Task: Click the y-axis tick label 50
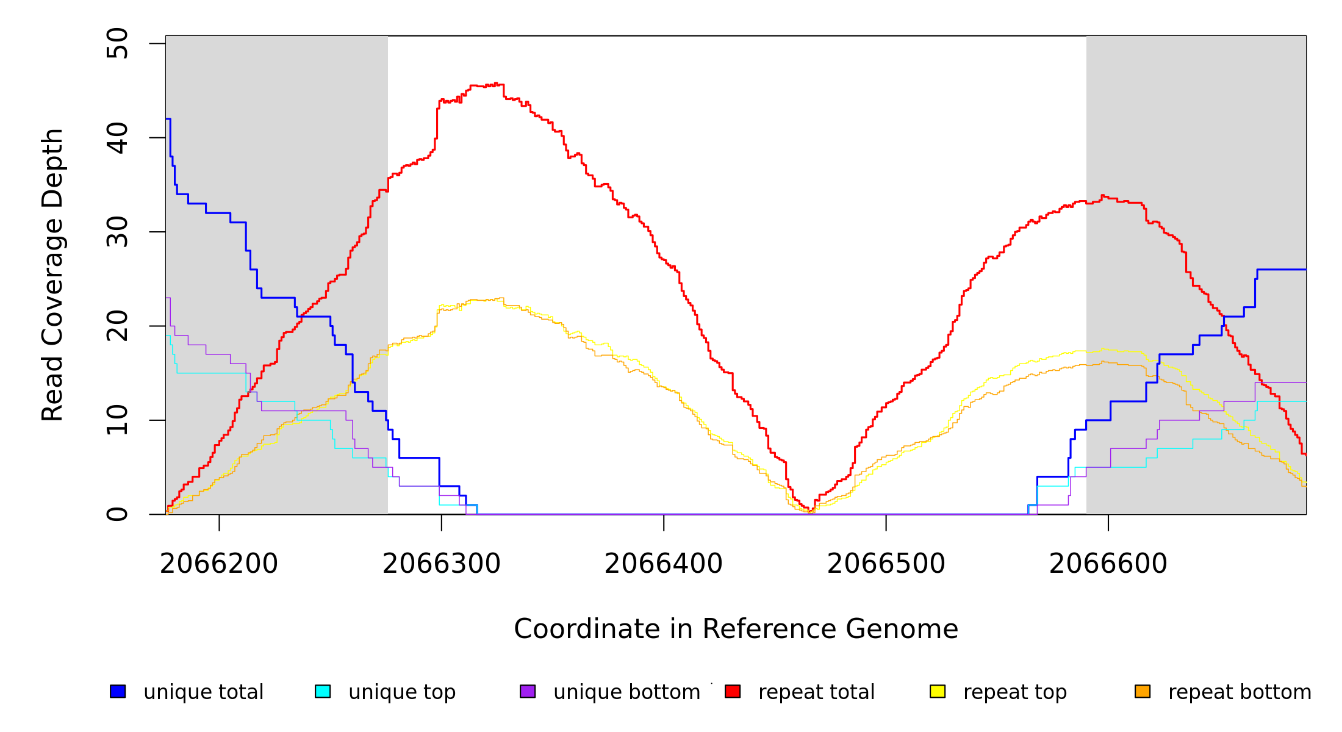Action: click(117, 43)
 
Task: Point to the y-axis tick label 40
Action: click(117, 138)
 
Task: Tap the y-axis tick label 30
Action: click(117, 232)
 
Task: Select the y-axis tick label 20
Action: click(117, 326)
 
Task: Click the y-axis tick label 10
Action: click(117, 420)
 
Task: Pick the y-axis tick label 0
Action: click(117, 514)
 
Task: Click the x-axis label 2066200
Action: click(219, 564)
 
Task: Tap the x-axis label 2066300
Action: click(442, 564)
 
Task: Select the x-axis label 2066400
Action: click(664, 564)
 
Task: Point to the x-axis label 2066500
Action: click(886, 564)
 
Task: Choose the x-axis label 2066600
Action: click(1108, 564)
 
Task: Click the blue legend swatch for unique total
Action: click(118, 691)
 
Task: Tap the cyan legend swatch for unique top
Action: click(323, 691)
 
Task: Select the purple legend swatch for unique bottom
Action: click(528, 691)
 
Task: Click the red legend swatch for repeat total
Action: click(733, 691)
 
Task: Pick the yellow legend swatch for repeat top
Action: click(938, 691)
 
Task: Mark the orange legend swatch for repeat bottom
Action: click(1143, 691)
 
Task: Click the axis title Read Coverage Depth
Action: click(52, 274)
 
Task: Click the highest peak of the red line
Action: click(496, 84)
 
